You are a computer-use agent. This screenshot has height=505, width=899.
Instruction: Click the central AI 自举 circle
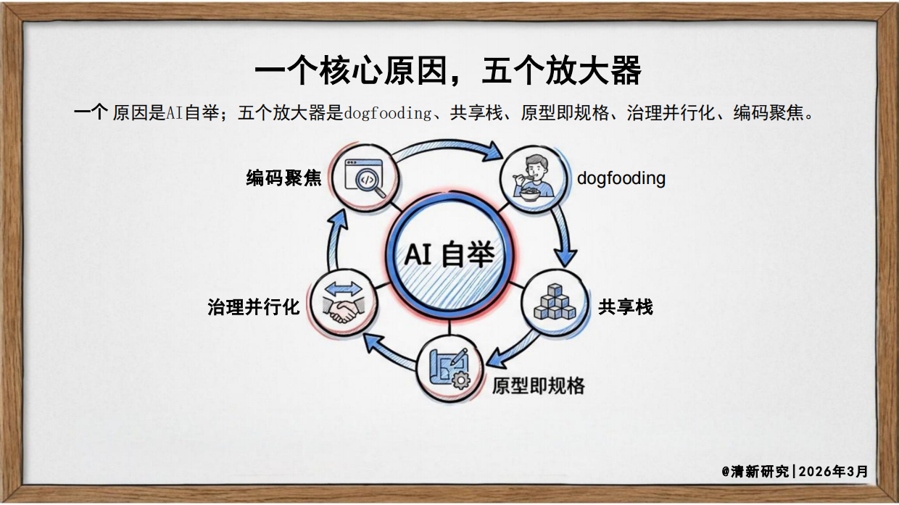coord(449,254)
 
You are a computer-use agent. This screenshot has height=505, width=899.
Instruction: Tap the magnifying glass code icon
coord(364,177)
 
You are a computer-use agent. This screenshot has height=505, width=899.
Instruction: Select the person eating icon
coord(534,178)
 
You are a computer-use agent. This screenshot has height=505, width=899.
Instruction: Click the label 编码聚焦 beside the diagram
coord(283,178)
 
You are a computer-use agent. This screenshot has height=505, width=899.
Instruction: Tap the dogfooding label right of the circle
coord(621,178)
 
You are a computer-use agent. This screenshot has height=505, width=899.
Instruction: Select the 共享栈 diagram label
coord(625,307)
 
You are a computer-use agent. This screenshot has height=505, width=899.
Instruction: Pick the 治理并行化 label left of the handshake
coord(253,307)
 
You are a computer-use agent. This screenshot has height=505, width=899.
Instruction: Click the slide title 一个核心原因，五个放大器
coord(448,72)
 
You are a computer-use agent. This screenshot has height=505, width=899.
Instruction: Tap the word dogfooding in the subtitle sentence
coord(387,114)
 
